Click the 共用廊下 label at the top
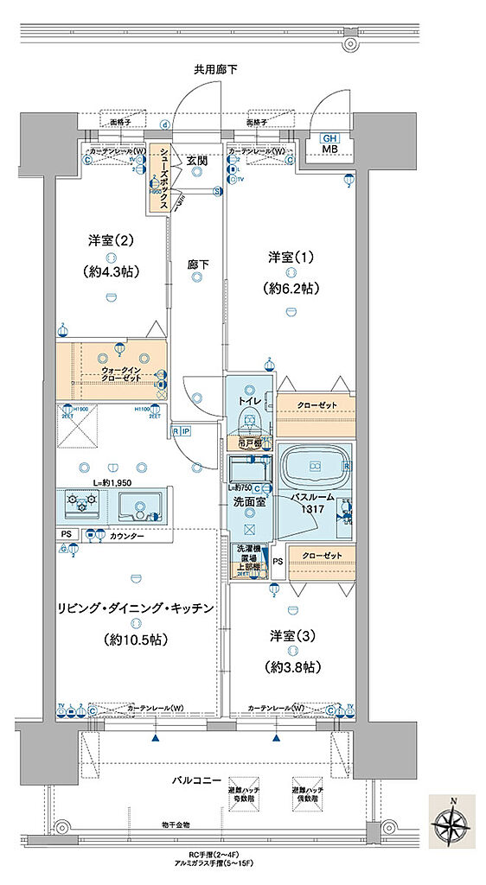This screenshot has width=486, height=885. point(216,68)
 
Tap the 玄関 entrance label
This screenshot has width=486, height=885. point(196,161)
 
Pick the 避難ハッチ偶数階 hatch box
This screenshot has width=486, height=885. point(308,795)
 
